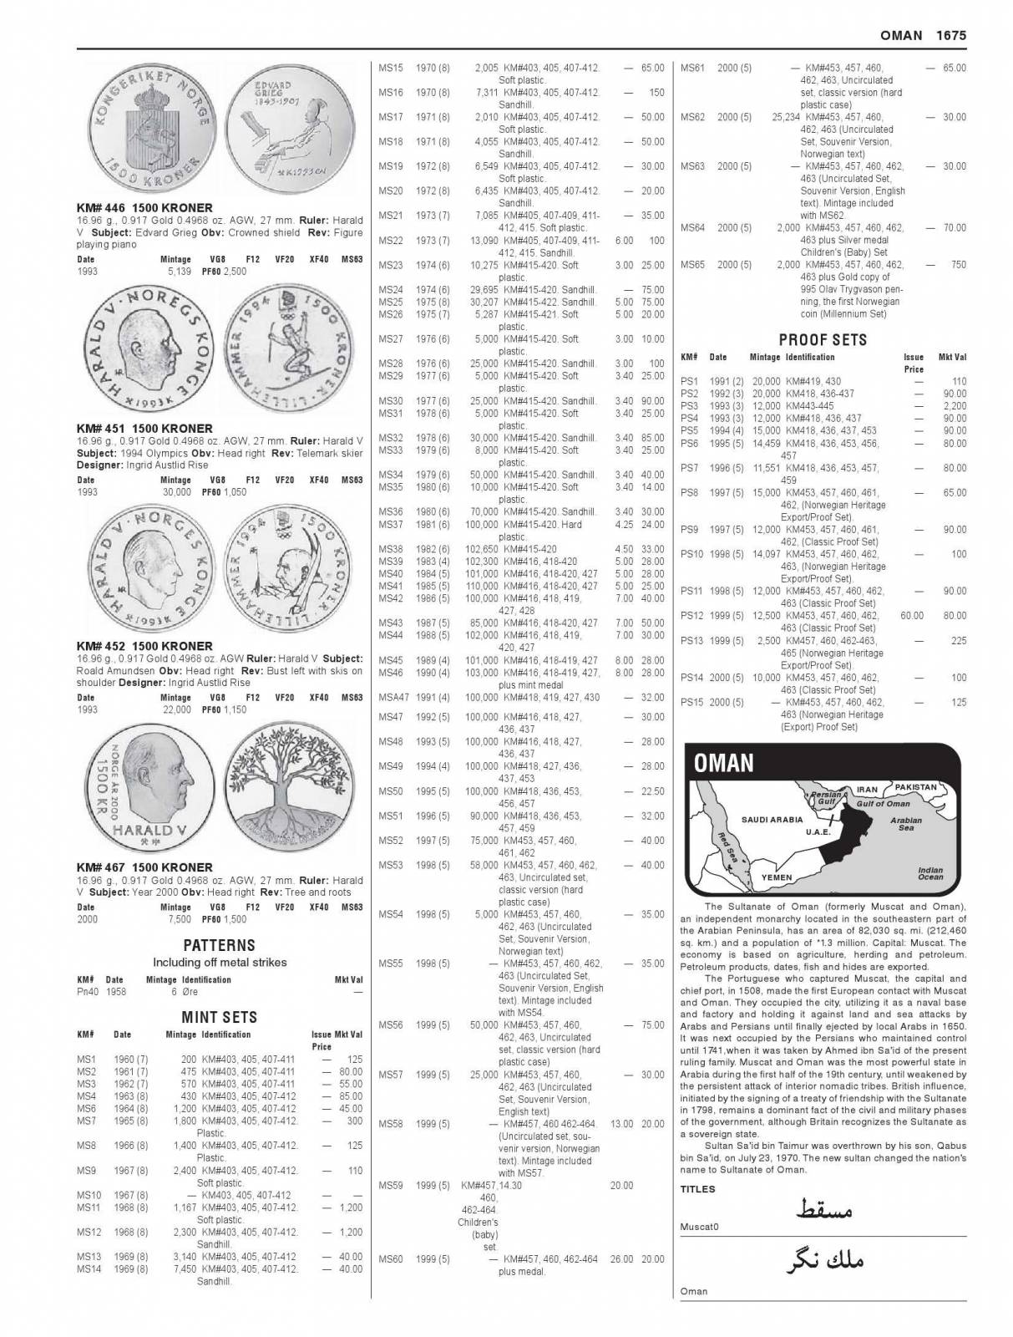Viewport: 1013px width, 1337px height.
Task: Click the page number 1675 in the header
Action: [950, 35]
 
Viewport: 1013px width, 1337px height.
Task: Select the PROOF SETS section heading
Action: [823, 340]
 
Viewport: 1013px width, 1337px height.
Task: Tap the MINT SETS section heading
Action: [220, 1017]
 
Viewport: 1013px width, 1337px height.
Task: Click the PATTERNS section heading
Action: [220, 945]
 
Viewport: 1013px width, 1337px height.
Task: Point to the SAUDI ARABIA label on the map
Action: [772, 820]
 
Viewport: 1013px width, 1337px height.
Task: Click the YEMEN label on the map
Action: [777, 877]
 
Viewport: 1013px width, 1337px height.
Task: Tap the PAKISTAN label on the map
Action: [916, 787]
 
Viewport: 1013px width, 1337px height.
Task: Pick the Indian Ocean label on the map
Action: [930, 873]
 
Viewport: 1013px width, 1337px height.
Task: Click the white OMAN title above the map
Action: [724, 763]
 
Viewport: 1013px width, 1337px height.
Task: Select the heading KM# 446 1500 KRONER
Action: [144, 208]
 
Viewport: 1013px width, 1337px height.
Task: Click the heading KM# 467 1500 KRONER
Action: [144, 867]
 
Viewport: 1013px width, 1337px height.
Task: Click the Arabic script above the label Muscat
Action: [823, 1209]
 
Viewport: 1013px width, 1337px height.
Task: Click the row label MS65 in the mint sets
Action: [692, 265]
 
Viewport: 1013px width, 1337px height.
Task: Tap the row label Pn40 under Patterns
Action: [88, 992]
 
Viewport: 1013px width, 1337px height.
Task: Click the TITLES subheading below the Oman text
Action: [697, 1189]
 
